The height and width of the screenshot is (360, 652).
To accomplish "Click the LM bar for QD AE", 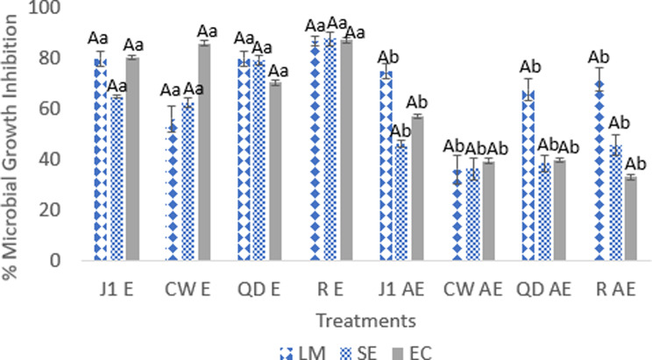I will pos(528,175).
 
